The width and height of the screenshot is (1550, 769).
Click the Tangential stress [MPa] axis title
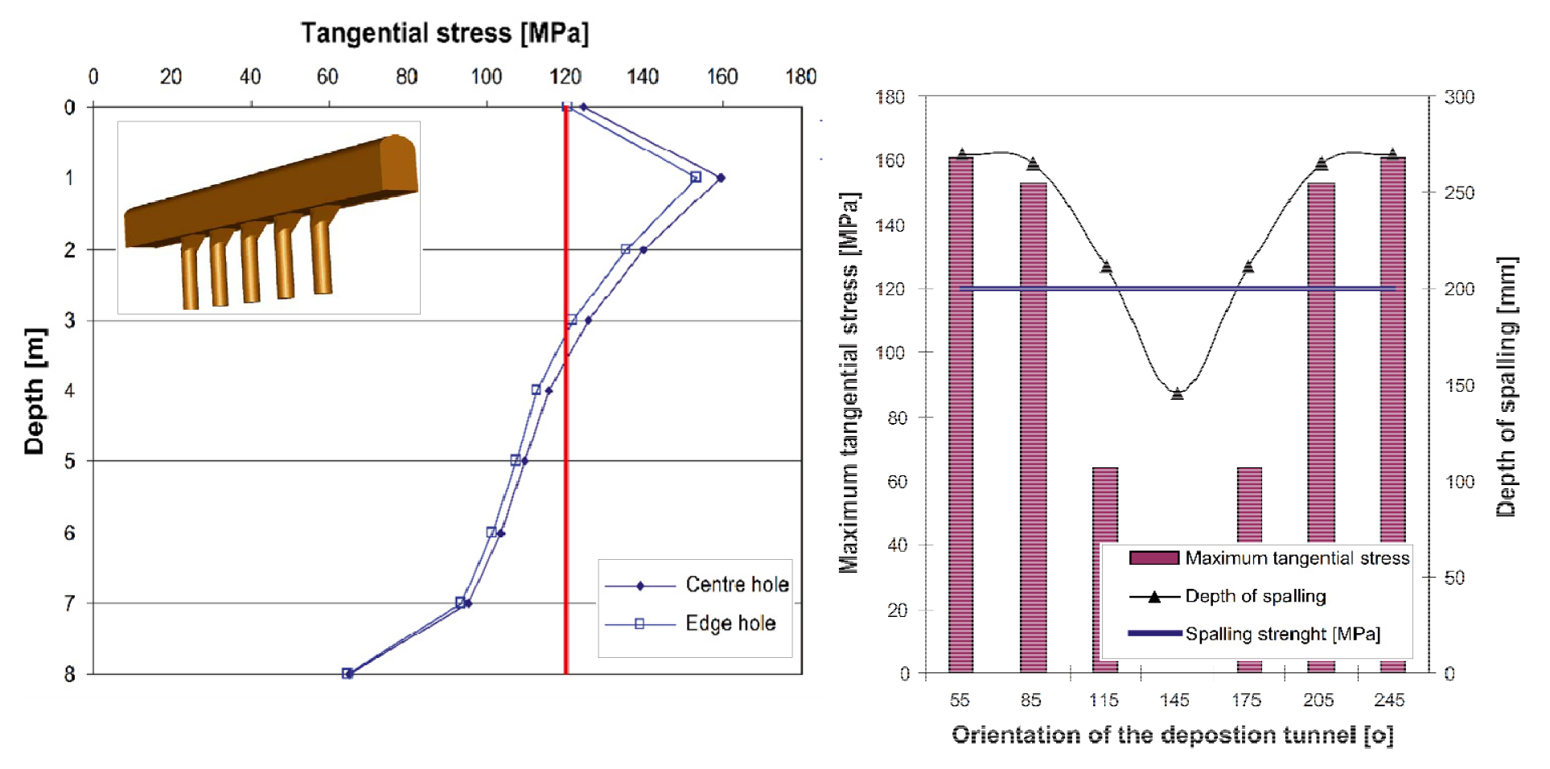pyautogui.click(x=445, y=33)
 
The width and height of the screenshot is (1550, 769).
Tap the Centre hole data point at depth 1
pyautogui.click(x=721, y=178)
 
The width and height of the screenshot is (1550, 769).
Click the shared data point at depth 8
pyautogui.click(x=347, y=673)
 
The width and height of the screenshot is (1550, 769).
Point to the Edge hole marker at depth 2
pyautogui.click(x=626, y=249)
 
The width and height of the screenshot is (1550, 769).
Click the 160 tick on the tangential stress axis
pyautogui.click(x=722, y=77)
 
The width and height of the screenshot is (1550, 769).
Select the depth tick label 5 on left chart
pyautogui.click(x=70, y=461)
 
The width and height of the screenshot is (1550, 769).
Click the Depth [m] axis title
pyautogui.click(x=34, y=391)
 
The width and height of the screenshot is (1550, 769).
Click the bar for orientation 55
pyautogui.click(x=960, y=414)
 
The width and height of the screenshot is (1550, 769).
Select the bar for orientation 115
pyautogui.click(x=1104, y=507)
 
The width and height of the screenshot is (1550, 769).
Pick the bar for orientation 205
pyautogui.click(x=1321, y=362)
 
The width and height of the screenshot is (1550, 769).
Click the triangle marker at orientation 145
pyautogui.click(x=1178, y=393)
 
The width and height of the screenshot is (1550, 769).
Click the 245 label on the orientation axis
pyautogui.click(x=1389, y=700)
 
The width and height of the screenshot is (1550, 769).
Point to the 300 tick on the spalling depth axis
pyautogui.click(x=1459, y=97)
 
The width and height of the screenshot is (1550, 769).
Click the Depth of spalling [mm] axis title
pyautogui.click(x=1506, y=386)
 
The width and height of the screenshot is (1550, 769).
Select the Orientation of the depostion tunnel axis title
pyautogui.click(x=1172, y=735)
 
